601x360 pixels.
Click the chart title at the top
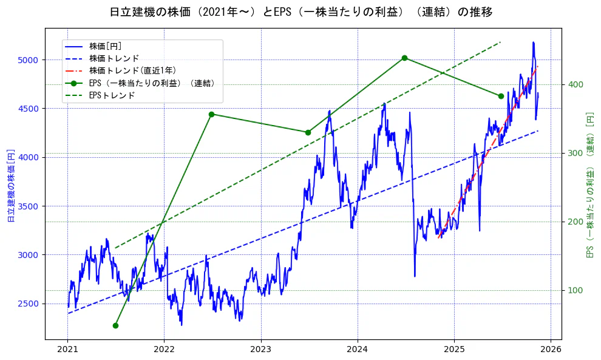tap(301, 12)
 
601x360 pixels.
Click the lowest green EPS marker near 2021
tap(115, 325)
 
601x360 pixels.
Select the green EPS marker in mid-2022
tap(211, 114)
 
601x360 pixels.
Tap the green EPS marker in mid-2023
tap(308, 132)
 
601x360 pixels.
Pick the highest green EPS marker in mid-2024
tap(404, 58)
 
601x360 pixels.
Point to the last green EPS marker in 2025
tap(501, 96)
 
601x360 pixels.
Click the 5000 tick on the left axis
tap(29, 59)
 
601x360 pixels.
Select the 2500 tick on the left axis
tap(29, 304)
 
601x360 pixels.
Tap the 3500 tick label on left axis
tap(29, 206)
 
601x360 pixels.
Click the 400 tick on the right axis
tap(576, 84)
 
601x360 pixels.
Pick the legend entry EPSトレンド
tap(112, 95)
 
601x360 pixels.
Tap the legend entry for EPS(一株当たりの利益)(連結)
tap(152, 83)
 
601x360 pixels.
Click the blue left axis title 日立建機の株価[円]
tap(10, 185)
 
